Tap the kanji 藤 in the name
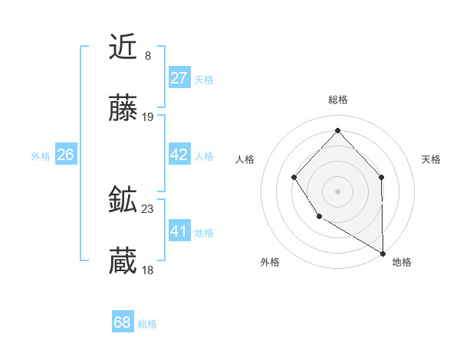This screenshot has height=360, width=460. point(123,110)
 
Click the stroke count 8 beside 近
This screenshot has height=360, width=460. point(148,55)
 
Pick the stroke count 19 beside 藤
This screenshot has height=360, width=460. point(149,117)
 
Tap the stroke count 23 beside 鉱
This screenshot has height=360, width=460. point(149,208)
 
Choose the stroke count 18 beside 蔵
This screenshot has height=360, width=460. point(149,270)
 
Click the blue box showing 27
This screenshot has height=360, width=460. point(179,78)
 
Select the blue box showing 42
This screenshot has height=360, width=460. point(179,155)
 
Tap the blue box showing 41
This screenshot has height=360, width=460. point(179,231)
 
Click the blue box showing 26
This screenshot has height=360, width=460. point(65,155)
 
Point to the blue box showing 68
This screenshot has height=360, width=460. point(123,322)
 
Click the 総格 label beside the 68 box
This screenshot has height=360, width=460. point(147,324)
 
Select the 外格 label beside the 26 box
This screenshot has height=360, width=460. point(41,156)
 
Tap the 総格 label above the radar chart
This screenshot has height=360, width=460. point(337,100)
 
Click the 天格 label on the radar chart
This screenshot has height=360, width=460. point(431,159)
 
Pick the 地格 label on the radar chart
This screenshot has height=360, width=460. point(402,262)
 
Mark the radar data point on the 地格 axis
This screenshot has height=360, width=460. point(383,253)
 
